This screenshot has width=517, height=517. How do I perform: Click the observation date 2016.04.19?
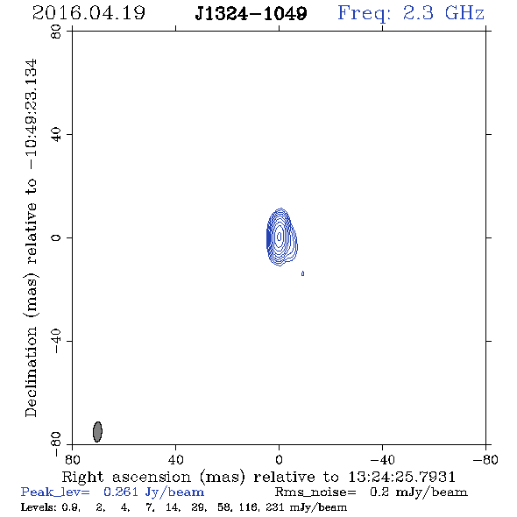click(89, 13)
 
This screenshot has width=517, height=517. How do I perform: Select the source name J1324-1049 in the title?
click(251, 14)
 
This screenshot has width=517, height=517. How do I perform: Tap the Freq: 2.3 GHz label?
click(411, 13)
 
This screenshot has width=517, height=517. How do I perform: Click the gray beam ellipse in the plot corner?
click(97, 432)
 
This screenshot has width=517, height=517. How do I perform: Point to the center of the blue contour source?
click(280, 237)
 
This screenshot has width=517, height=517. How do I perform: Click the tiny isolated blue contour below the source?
click(302, 273)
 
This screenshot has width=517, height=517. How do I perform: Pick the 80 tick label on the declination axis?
click(56, 32)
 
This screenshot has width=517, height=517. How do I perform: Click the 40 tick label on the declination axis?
click(56, 135)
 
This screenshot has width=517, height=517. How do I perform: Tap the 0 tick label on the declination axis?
click(56, 237)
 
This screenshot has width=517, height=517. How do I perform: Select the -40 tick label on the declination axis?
click(56, 341)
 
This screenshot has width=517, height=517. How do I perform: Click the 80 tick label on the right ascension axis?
click(72, 460)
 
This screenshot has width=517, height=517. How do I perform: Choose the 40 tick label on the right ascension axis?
click(176, 460)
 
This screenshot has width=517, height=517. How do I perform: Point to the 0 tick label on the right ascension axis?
click(279, 460)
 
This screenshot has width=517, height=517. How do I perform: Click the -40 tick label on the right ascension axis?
click(382, 460)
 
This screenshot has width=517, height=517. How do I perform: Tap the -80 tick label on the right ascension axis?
click(485, 460)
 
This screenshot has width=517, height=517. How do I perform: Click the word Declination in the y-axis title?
click(31, 372)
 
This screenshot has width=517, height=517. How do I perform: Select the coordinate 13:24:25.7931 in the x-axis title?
click(402, 477)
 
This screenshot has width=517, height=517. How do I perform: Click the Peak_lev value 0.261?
click(121, 492)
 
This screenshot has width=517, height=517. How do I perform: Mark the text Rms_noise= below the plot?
click(315, 492)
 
